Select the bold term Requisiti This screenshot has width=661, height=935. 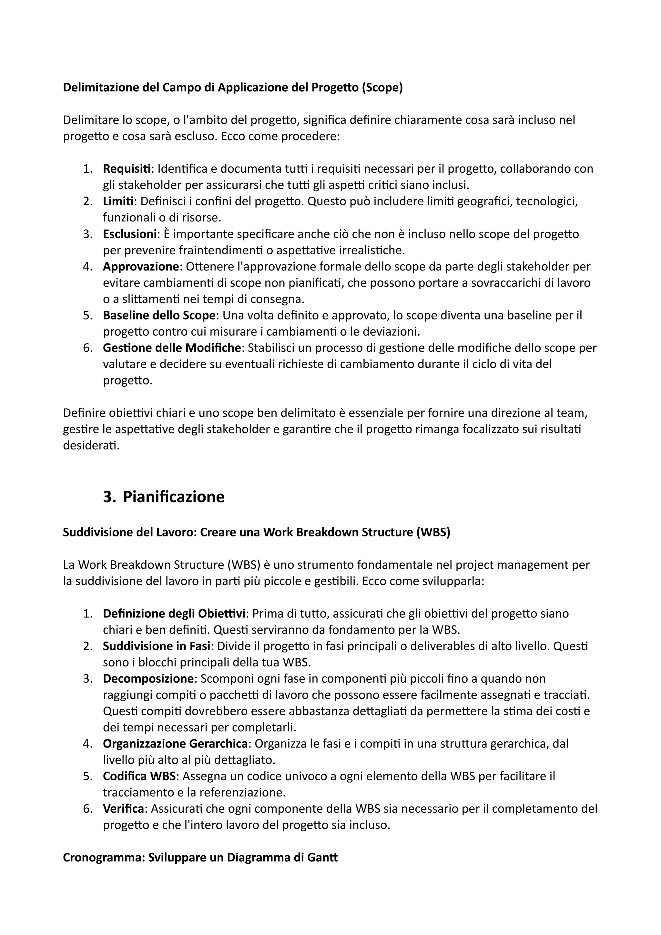pyautogui.click(x=127, y=168)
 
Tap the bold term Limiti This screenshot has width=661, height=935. pyautogui.click(x=118, y=201)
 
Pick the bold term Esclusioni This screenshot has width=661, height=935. pyautogui.click(x=129, y=234)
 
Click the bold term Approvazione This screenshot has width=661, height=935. pyautogui.click(x=140, y=267)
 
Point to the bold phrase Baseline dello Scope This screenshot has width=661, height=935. pyautogui.click(x=159, y=315)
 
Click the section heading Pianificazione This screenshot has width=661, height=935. pyautogui.click(x=174, y=497)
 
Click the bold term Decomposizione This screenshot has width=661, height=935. pyautogui.click(x=148, y=678)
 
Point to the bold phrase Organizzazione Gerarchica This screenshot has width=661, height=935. pyautogui.click(x=175, y=744)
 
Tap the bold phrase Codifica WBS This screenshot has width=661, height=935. pyautogui.click(x=139, y=776)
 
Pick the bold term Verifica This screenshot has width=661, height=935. pyautogui.click(x=123, y=809)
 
